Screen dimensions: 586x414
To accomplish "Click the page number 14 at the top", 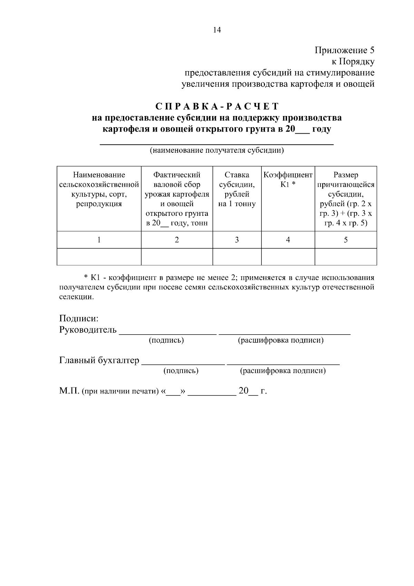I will [x=217, y=30].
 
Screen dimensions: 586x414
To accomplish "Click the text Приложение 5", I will [x=344, y=50].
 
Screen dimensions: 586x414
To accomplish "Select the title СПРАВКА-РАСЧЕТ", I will [x=217, y=106].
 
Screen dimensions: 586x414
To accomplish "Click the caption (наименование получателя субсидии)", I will [x=217, y=151].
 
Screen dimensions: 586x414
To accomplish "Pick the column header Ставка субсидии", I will [x=237, y=189].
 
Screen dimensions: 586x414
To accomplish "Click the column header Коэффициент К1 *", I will [x=288, y=180].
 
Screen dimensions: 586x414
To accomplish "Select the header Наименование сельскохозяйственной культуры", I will [x=99, y=189].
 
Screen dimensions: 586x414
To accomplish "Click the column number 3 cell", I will [x=237, y=240].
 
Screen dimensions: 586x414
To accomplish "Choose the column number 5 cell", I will [x=346, y=240].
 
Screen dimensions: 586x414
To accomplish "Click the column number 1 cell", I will [x=99, y=240].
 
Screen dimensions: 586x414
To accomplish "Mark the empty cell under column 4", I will [x=288, y=257].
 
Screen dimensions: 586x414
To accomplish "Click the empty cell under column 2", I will [x=177, y=257].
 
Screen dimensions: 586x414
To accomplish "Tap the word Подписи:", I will [x=79, y=318].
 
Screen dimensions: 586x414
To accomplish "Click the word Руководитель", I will [x=88, y=330].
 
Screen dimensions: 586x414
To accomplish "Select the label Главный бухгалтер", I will [x=99, y=361].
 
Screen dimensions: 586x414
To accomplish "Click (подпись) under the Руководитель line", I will [x=166, y=340].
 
